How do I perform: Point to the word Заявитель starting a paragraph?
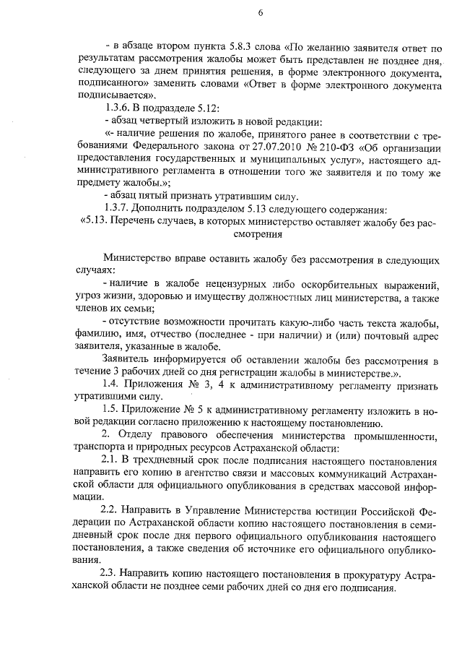[x=130, y=360]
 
